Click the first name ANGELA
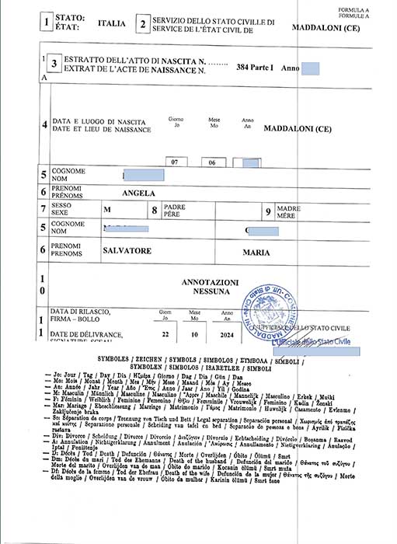pyautogui.click(x=140, y=193)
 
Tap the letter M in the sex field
pyautogui.click(x=107, y=209)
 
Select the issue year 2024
pyautogui.click(x=226, y=334)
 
